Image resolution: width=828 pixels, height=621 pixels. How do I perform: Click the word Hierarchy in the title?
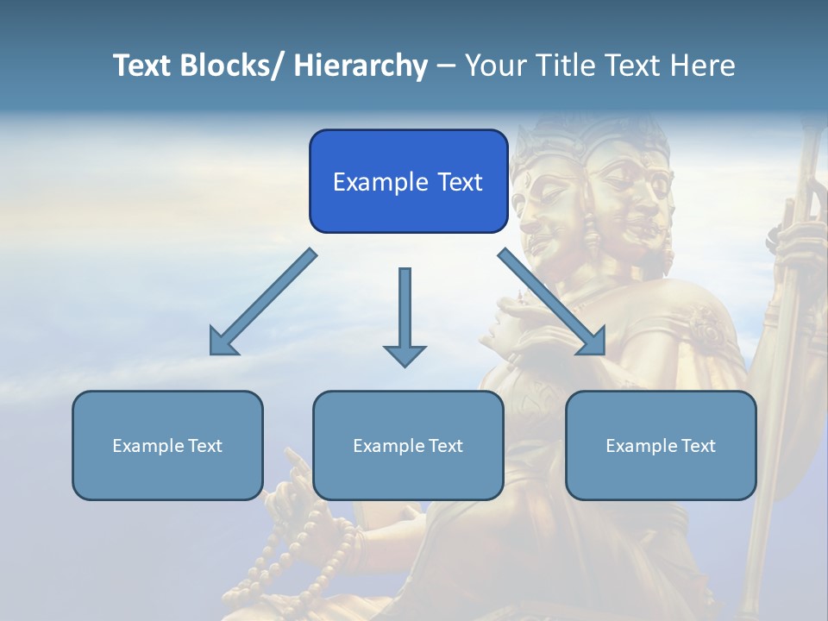(x=361, y=66)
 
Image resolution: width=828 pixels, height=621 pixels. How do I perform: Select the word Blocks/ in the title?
(x=225, y=66)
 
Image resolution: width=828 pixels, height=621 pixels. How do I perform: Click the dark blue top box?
(x=408, y=181)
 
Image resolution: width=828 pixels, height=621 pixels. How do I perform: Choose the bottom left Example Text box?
(x=167, y=445)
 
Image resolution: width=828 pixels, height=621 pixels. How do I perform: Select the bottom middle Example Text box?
(x=408, y=445)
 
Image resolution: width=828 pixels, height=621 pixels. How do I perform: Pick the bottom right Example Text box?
(x=661, y=445)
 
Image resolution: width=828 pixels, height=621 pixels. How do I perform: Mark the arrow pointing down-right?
(x=552, y=302)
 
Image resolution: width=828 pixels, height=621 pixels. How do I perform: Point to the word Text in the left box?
(x=205, y=446)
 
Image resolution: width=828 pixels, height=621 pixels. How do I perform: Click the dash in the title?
(x=446, y=66)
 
